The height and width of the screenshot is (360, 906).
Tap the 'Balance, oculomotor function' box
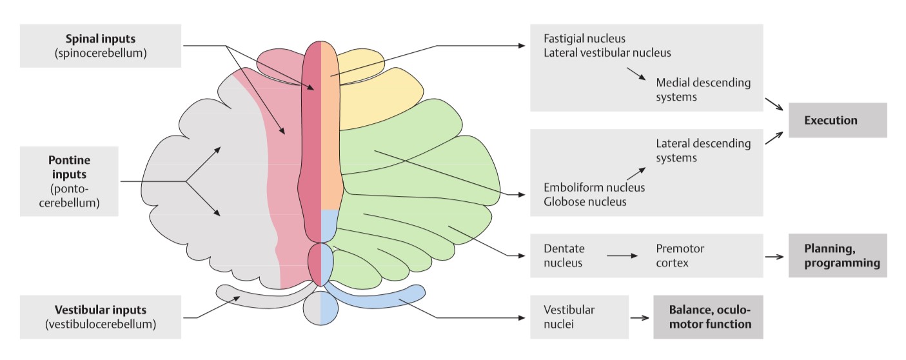pos(708,317)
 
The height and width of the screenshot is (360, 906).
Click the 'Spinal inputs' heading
pos(101,39)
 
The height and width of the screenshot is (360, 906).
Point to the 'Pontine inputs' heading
pos(69,166)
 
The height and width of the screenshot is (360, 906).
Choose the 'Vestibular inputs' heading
pos(101,310)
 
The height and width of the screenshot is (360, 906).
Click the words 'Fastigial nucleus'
pos(584,39)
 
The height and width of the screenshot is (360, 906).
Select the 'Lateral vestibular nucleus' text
pos(607,53)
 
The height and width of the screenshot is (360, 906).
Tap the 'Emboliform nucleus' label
pos(594,188)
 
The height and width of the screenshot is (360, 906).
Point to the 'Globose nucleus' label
pos(585,202)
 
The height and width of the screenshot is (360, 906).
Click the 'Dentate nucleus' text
pos(564,255)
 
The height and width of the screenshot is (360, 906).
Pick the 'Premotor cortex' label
pos(680,255)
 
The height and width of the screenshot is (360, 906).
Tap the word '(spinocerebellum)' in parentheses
pos(101,54)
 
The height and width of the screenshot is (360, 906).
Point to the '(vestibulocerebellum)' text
pos(101,325)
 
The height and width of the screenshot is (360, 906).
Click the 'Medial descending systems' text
pos(703,90)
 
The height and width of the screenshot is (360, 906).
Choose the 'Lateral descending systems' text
pos(703,150)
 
